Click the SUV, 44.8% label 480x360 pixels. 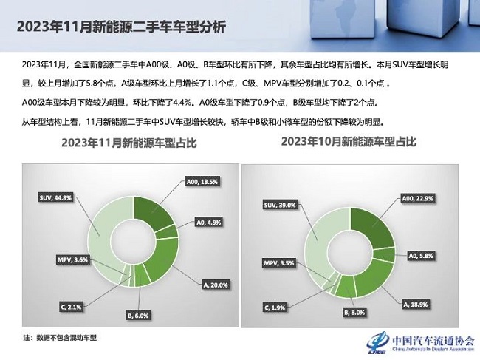click(55, 197)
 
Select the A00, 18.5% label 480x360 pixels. click(202, 182)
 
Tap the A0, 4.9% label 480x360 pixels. click(209, 222)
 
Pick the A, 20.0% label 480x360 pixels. click(216, 285)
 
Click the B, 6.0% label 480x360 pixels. click(137, 315)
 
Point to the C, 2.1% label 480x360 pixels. click(71, 306)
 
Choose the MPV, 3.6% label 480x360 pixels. click(72, 260)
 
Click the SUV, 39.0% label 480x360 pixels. click(280, 205)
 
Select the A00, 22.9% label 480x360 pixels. click(417, 199)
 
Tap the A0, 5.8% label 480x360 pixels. click(421, 256)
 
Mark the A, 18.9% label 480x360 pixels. click(416, 305)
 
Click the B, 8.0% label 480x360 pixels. click(354, 313)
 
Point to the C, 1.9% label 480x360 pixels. click(275, 308)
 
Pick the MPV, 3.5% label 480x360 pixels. click(279, 263)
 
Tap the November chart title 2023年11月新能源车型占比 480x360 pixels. click(129, 143)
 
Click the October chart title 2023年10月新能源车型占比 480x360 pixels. click(349, 141)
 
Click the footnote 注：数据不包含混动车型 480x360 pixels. click(60, 338)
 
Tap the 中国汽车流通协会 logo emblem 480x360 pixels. click(377, 342)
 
